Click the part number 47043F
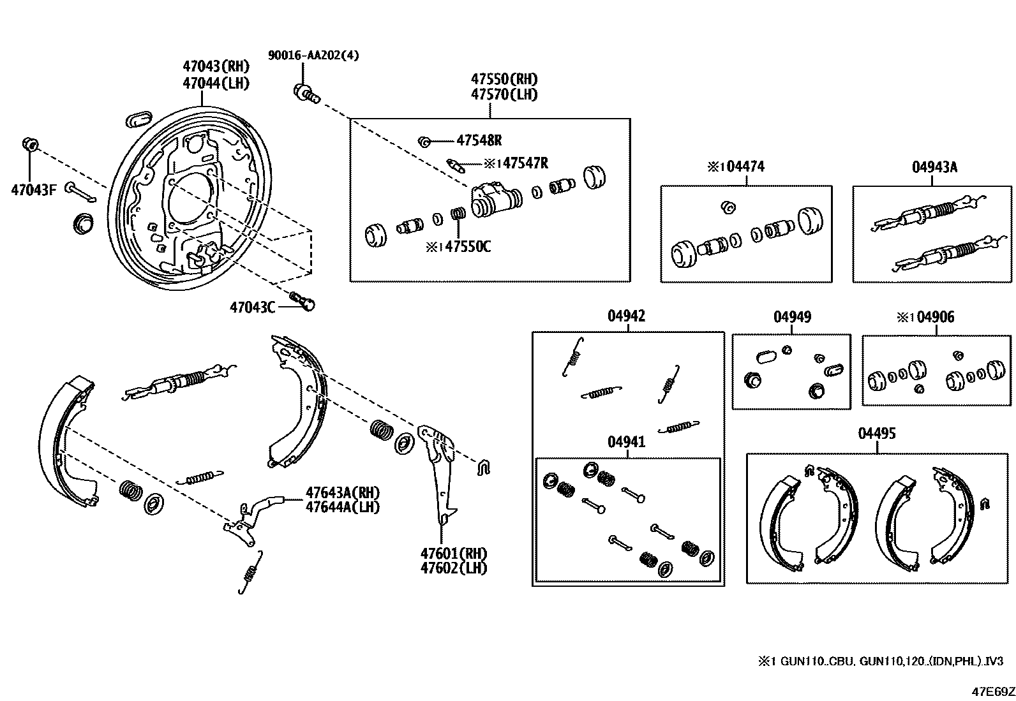pos(33,189)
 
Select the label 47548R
pos(479,141)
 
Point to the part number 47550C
pos(467,247)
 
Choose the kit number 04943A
pos(934,167)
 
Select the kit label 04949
pos(792,317)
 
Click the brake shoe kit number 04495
pos(876,434)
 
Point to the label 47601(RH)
pos(454,553)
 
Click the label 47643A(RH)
pos(343,492)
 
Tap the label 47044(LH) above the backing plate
pos(215,83)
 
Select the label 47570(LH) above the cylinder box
pos(504,94)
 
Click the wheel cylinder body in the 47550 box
pos(495,198)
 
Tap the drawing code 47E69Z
pos(992,691)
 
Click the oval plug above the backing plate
pos(138,117)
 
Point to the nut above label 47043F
pos(29,144)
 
